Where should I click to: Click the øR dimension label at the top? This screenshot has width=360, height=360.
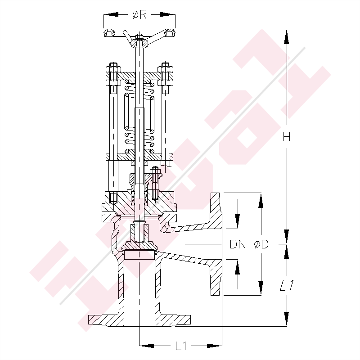click(x=139, y=15)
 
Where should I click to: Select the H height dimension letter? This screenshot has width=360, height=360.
click(x=286, y=137)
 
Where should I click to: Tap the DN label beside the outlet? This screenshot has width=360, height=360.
click(x=238, y=244)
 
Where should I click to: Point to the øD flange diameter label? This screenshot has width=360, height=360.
click(x=261, y=244)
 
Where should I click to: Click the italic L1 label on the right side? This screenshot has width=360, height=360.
click(x=286, y=285)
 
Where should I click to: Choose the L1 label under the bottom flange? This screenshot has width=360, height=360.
click(x=181, y=346)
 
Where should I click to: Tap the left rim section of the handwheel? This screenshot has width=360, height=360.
click(x=109, y=33)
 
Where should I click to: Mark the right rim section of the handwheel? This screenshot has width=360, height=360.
click(x=170, y=33)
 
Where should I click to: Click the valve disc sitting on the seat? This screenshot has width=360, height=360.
click(x=139, y=246)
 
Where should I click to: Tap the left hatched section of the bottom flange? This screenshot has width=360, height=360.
click(x=106, y=320)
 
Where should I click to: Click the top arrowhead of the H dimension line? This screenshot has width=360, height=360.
click(x=286, y=34)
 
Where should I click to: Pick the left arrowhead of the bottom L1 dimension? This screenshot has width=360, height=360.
click(x=144, y=346)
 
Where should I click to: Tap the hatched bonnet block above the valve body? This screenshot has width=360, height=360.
click(x=139, y=202)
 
